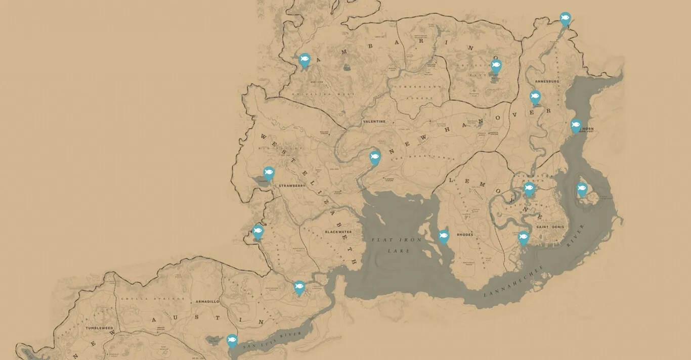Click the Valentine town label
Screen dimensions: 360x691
pyautogui.click(x=374, y=122)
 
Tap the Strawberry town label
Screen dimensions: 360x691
pyautogui.click(x=292, y=186)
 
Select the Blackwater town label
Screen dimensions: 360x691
pyautogui.click(x=338, y=232)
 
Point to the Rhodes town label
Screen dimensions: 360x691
pyautogui.click(x=465, y=235)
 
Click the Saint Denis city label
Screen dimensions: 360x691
pyautogui.click(x=550, y=227)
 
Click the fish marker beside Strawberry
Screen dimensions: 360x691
pyautogui.click(x=269, y=173)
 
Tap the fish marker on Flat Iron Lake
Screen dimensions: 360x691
pyautogui.click(x=444, y=236)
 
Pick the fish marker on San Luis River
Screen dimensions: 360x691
pyautogui.click(x=232, y=340)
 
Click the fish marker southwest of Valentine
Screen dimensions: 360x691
pyautogui.click(x=375, y=157)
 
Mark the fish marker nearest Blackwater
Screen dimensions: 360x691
pyautogui.click(x=299, y=287)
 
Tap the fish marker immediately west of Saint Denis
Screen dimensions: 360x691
pyautogui.click(x=524, y=237)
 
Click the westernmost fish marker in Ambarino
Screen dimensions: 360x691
pyautogui.click(x=305, y=60)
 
